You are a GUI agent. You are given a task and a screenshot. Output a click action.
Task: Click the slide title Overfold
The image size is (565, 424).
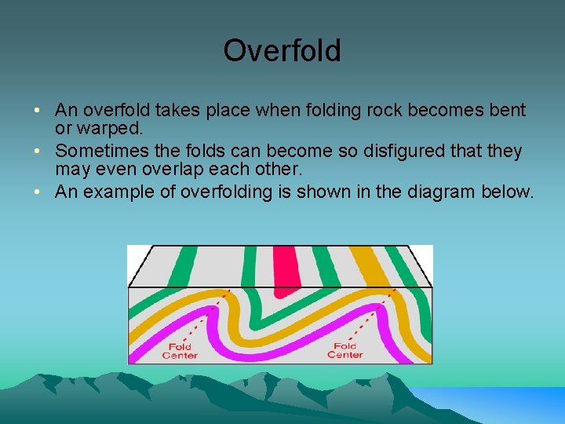282,51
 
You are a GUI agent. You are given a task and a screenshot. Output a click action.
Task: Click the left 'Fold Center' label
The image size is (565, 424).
180,350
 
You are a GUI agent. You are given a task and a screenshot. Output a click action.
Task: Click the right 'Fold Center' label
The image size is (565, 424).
344,350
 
